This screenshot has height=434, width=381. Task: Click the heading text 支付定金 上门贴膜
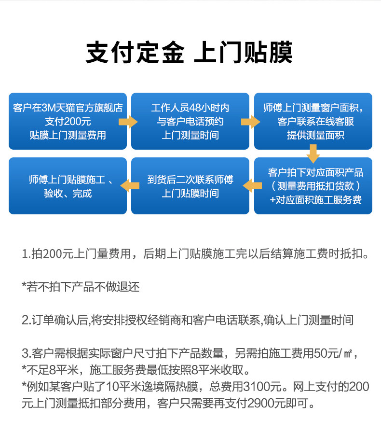coord(189,52)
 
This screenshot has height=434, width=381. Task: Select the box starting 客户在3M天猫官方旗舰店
coord(68,121)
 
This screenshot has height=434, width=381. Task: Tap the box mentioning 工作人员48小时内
coord(190,121)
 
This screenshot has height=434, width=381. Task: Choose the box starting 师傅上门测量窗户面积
coord(313,121)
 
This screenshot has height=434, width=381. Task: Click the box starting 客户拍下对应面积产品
coord(313,186)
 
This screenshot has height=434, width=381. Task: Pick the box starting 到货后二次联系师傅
coord(190,186)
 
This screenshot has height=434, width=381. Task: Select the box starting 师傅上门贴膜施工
coord(68,186)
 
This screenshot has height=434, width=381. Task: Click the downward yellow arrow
coord(313,154)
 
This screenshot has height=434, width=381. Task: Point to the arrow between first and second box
coord(128,122)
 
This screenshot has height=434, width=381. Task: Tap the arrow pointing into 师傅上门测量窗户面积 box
coord(250,122)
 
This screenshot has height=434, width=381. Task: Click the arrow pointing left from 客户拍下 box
coord(252,185)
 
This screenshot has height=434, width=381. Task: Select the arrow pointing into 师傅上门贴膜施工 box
coord(130,185)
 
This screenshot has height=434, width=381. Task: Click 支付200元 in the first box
coord(68,122)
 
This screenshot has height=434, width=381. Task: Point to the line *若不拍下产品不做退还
coord(81,287)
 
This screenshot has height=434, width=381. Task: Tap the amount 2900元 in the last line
coord(266,403)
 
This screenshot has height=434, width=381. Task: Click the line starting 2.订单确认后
coord(188,320)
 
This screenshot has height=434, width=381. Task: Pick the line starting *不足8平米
coord(136,370)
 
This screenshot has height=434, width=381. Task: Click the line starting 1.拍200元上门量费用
coord(195,253)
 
